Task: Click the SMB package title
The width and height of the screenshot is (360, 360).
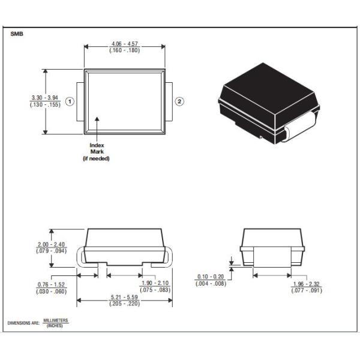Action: pos(17,34)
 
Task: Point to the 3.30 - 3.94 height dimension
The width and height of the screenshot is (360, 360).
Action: pos(46,97)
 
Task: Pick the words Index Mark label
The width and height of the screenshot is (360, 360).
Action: pos(97,149)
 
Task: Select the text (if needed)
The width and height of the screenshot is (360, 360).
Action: pos(97,158)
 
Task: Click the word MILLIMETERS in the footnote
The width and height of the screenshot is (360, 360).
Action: pos(56,320)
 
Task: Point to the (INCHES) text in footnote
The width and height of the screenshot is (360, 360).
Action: pos(56,326)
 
